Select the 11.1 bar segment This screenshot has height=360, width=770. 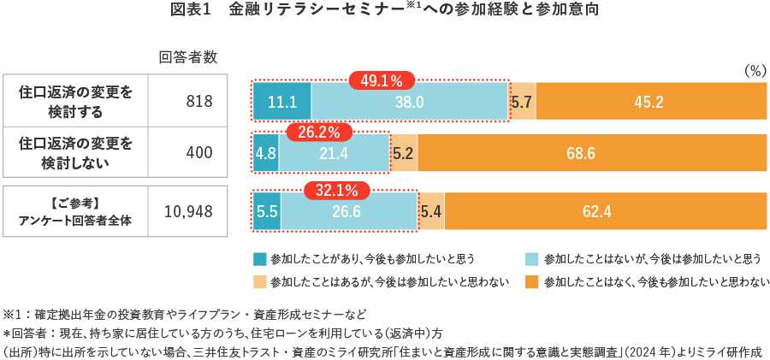pyautogui.click(x=281, y=102)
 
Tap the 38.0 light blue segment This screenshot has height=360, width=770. pyautogui.click(x=410, y=102)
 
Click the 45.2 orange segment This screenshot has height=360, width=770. pyautogui.click(x=649, y=102)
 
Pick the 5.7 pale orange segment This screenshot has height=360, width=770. pyautogui.click(x=522, y=102)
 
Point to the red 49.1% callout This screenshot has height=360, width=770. pyautogui.click(x=382, y=81)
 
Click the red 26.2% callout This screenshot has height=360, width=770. pyautogui.click(x=318, y=133)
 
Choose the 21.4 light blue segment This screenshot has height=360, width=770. pyautogui.click(x=334, y=154)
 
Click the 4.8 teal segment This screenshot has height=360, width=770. pyautogui.click(x=265, y=154)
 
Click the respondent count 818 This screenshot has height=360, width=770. pyautogui.click(x=198, y=101)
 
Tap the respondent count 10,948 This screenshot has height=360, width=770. pyautogui.click(x=188, y=211)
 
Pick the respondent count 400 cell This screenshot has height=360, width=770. pyautogui.click(x=198, y=153)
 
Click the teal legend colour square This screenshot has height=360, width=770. pyautogui.click(x=260, y=258)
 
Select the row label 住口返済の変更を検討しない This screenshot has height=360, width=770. pyautogui.click(x=75, y=153)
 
